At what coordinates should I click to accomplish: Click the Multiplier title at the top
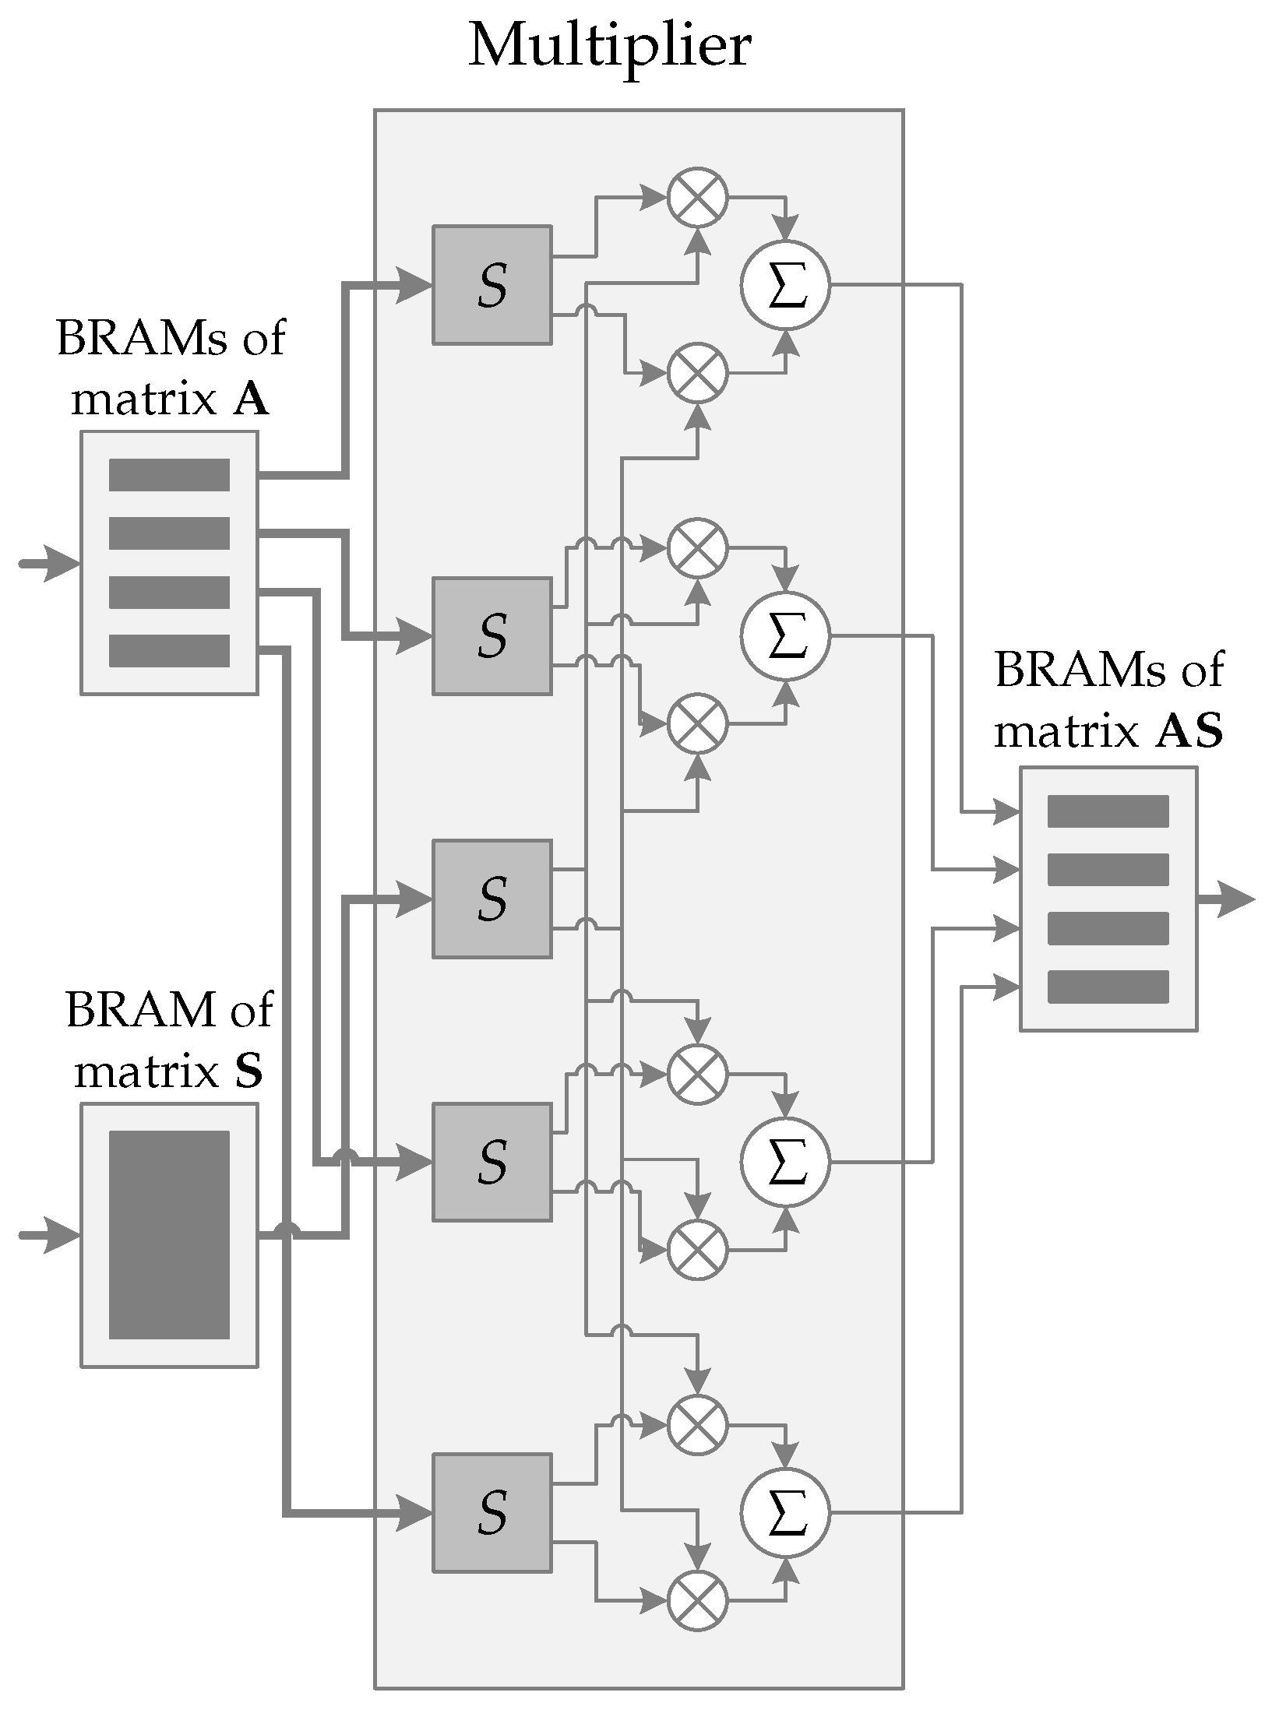point(609,47)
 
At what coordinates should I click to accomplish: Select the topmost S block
point(492,285)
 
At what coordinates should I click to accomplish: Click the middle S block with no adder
point(492,899)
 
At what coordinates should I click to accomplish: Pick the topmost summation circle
point(785,285)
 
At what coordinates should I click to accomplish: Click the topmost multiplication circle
point(697,197)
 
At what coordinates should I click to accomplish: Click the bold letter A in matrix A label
point(251,400)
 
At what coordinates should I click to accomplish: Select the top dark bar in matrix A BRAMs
point(169,475)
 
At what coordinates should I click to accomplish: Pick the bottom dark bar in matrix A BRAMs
point(169,651)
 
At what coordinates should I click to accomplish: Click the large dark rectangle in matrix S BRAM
point(169,1235)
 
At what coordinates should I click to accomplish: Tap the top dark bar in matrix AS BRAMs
point(1108,811)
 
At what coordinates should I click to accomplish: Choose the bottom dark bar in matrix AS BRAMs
point(1108,987)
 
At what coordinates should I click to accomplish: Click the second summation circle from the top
point(785,635)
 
